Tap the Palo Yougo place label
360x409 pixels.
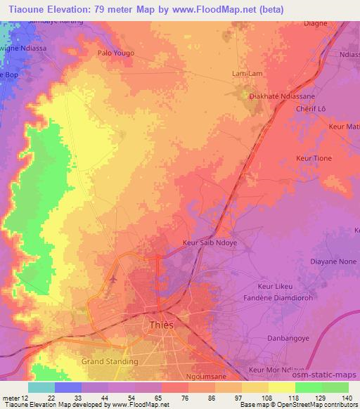[115, 53]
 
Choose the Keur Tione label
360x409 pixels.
[314, 159]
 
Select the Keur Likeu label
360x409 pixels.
[276, 287]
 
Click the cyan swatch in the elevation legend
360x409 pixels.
[41, 387]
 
